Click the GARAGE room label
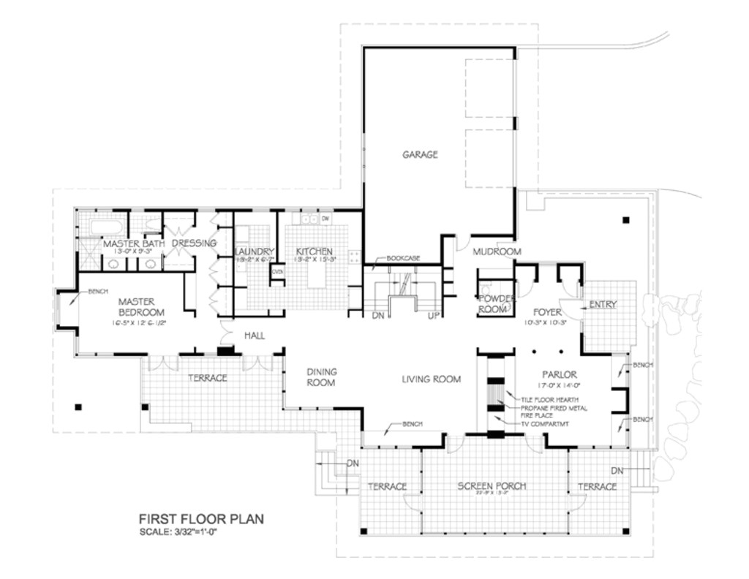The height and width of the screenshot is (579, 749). (x=420, y=154)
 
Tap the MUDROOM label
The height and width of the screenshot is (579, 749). (x=497, y=252)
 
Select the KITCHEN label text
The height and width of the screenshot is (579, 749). (x=315, y=251)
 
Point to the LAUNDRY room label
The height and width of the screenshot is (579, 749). (x=255, y=251)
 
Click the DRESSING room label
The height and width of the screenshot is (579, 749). (x=194, y=243)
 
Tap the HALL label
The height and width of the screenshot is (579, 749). (x=254, y=336)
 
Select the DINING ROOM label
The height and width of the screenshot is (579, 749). (x=321, y=377)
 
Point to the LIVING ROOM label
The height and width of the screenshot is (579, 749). (x=432, y=379)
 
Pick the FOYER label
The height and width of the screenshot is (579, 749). (x=546, y=313)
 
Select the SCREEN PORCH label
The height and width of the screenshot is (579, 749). (x=492, y=486)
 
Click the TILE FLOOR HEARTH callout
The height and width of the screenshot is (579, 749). (x=550, y=400)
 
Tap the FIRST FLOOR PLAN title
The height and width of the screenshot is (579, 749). (x=201, y=519)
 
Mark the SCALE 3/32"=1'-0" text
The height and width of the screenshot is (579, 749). (x=178, y=531)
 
